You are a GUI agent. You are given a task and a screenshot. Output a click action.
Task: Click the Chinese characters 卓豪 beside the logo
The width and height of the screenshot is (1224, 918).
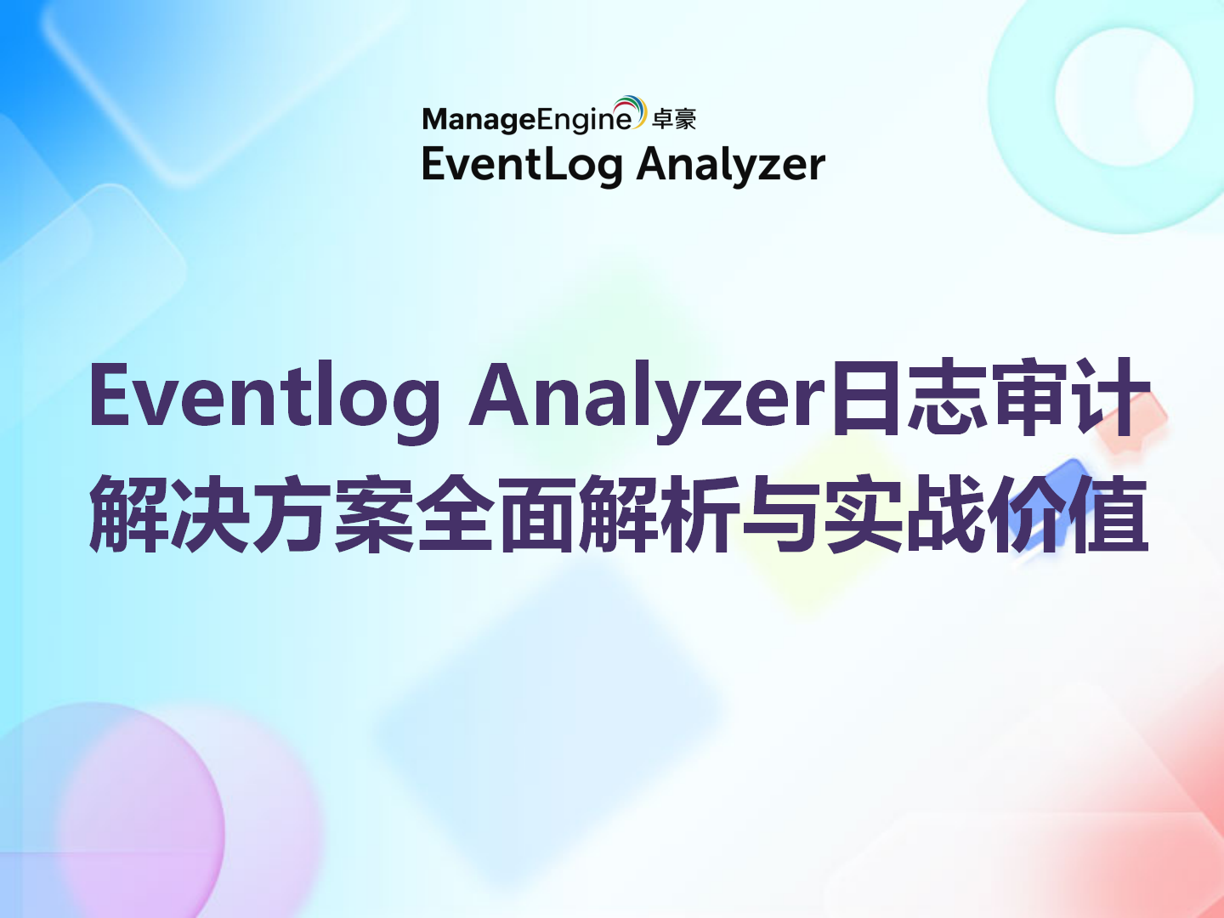(674, 120)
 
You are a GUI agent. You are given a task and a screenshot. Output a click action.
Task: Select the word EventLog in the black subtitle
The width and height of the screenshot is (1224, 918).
(521, 164)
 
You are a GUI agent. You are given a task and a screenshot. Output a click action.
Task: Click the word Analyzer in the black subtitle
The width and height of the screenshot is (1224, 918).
(731, 164)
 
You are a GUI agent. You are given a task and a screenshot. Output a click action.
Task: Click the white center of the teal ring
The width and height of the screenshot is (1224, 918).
(1124, 96)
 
